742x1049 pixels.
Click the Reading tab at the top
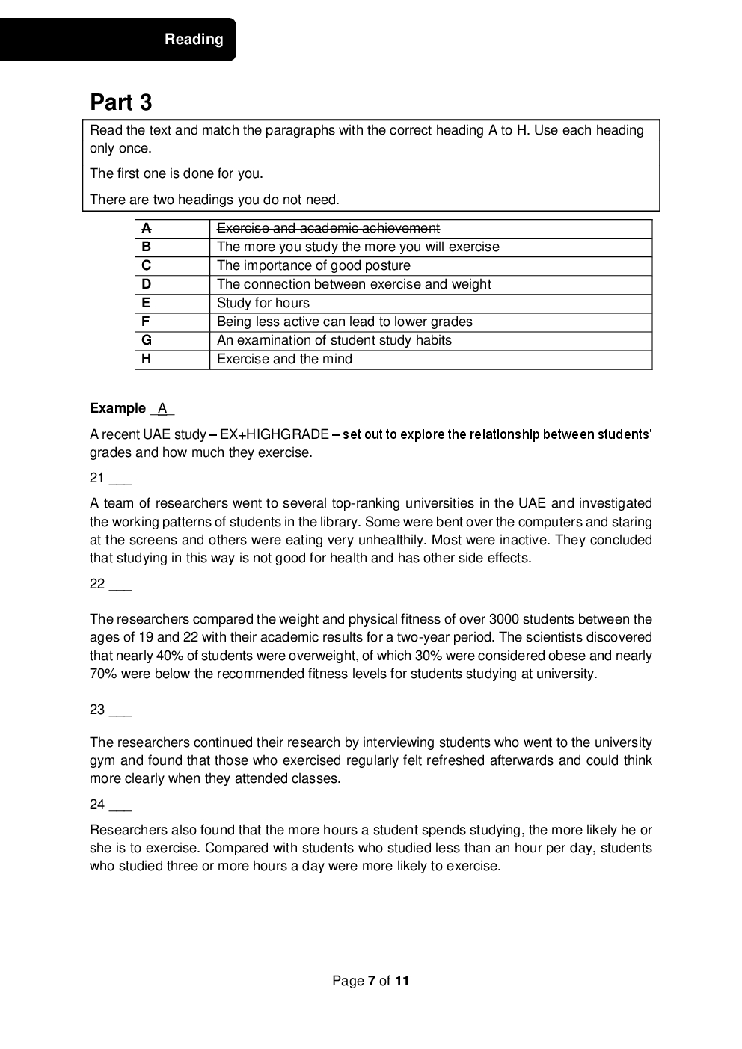tap(194, 40)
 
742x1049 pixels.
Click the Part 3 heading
tap(121, 102)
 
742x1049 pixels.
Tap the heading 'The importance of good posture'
tap(313, 265)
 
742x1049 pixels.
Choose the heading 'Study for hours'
tap(263, 303)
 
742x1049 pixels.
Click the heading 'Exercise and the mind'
tap(284, 359)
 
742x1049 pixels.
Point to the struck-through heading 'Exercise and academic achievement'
tap(328, 228)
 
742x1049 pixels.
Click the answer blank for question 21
tap(120, 479)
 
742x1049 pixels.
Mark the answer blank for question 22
tap(120, 585)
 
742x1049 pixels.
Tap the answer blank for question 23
tap(120, 711)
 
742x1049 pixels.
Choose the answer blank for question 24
tap(120, 806)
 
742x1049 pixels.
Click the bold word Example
tap(117, 408)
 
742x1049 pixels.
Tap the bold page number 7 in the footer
tap(371, 981)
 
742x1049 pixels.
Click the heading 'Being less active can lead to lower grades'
tap(344, 322)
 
